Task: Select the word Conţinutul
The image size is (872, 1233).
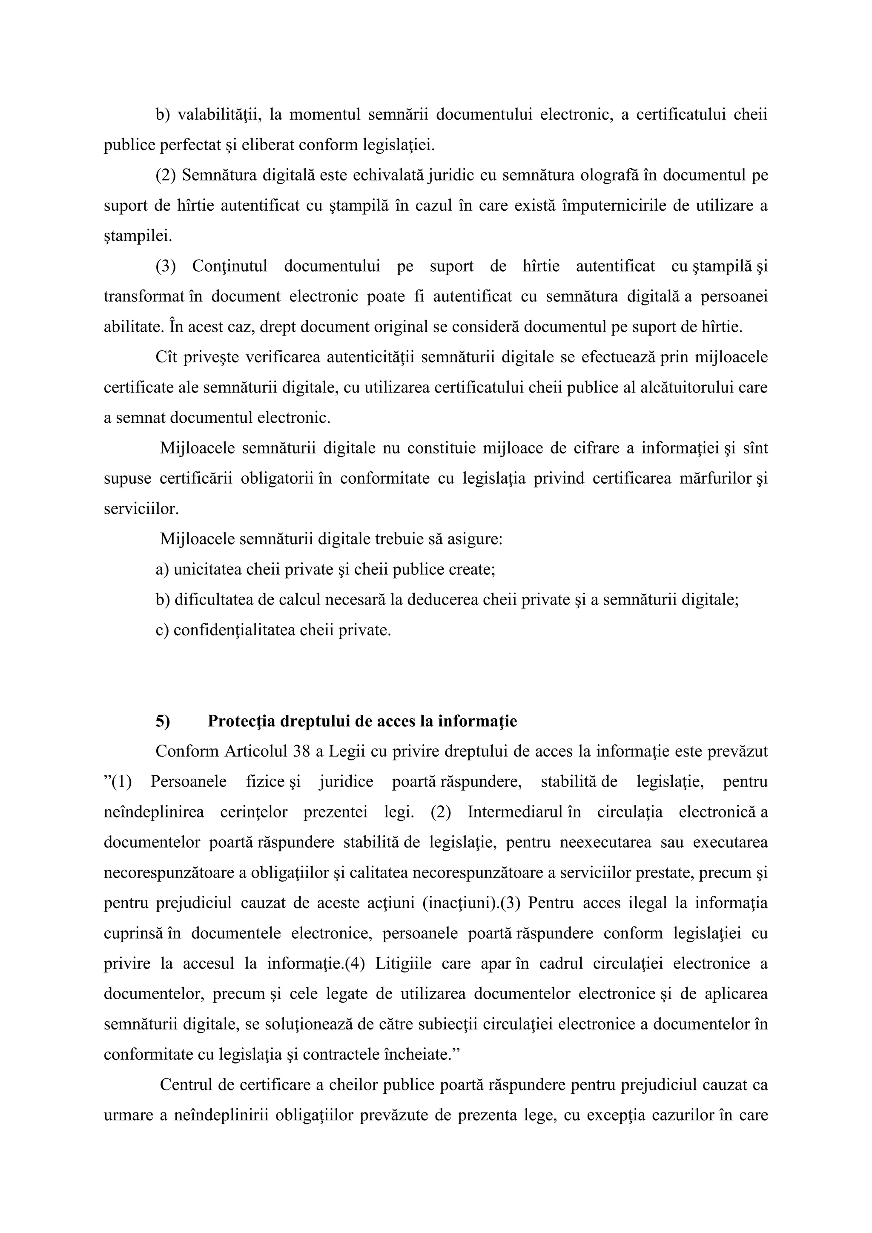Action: [230, 267]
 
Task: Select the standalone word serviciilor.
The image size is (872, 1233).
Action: [141, 508]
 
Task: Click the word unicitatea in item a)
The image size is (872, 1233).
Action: [207, 569]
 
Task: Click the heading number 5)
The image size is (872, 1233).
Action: [163, 721]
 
